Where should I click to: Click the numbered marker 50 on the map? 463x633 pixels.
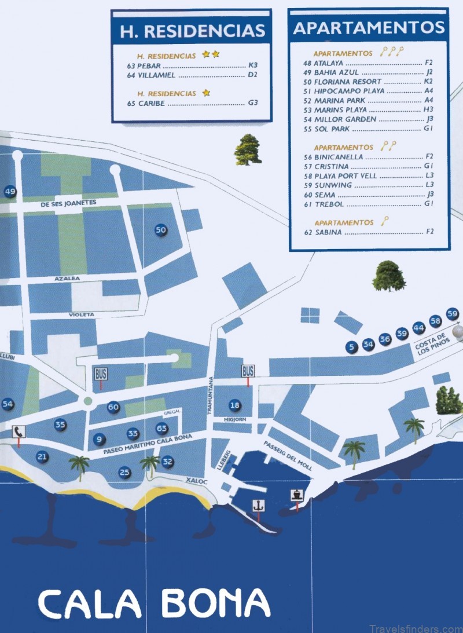point(161,230)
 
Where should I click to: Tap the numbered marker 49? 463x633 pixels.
point(10,192)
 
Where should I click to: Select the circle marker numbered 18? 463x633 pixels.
point(234,405)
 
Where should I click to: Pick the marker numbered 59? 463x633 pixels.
point(453,313)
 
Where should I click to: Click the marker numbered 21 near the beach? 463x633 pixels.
point(42,457)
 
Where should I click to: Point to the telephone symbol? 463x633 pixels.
point(19,431)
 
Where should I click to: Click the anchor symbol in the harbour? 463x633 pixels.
point(258,505)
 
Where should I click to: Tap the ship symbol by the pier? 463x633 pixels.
point(297,495)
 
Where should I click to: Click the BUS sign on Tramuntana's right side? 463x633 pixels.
point(248,371)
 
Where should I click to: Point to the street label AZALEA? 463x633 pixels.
point(67,279)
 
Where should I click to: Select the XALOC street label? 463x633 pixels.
point(196,480)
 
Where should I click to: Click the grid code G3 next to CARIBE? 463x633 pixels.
point(252,103)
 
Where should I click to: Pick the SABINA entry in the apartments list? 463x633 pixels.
point(328,232)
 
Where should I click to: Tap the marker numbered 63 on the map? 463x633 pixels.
point(161,429)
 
